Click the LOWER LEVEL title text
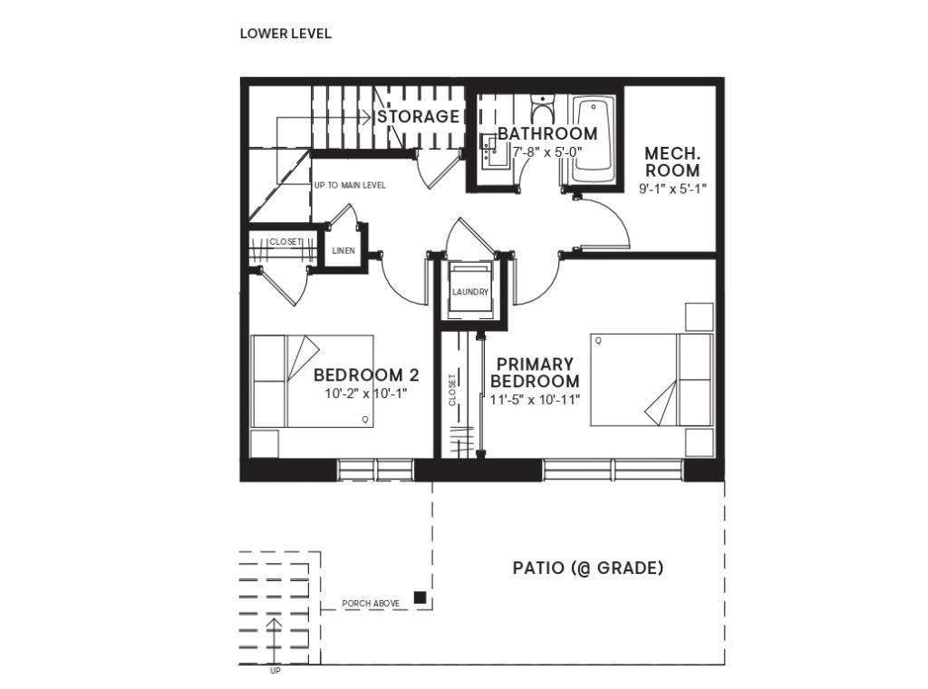(x=285, y=34)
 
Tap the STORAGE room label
(x=418, y=117)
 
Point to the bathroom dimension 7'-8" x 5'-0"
(x=546, y=152)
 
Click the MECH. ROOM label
(x=672, y=161)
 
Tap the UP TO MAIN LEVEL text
(x=350, y=185)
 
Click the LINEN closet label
(x=343, y=250)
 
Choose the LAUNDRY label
(x=470, y=292)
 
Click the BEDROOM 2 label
(x=366, y=375)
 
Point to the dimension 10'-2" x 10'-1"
(x=366, y=394)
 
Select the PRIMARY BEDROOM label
(x=534, y=373)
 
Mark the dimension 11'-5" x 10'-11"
(x=535, y=399)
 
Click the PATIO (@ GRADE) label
(x=588, y=568)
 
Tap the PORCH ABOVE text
(x=371, y=603)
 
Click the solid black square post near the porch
(x=420, y=597)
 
